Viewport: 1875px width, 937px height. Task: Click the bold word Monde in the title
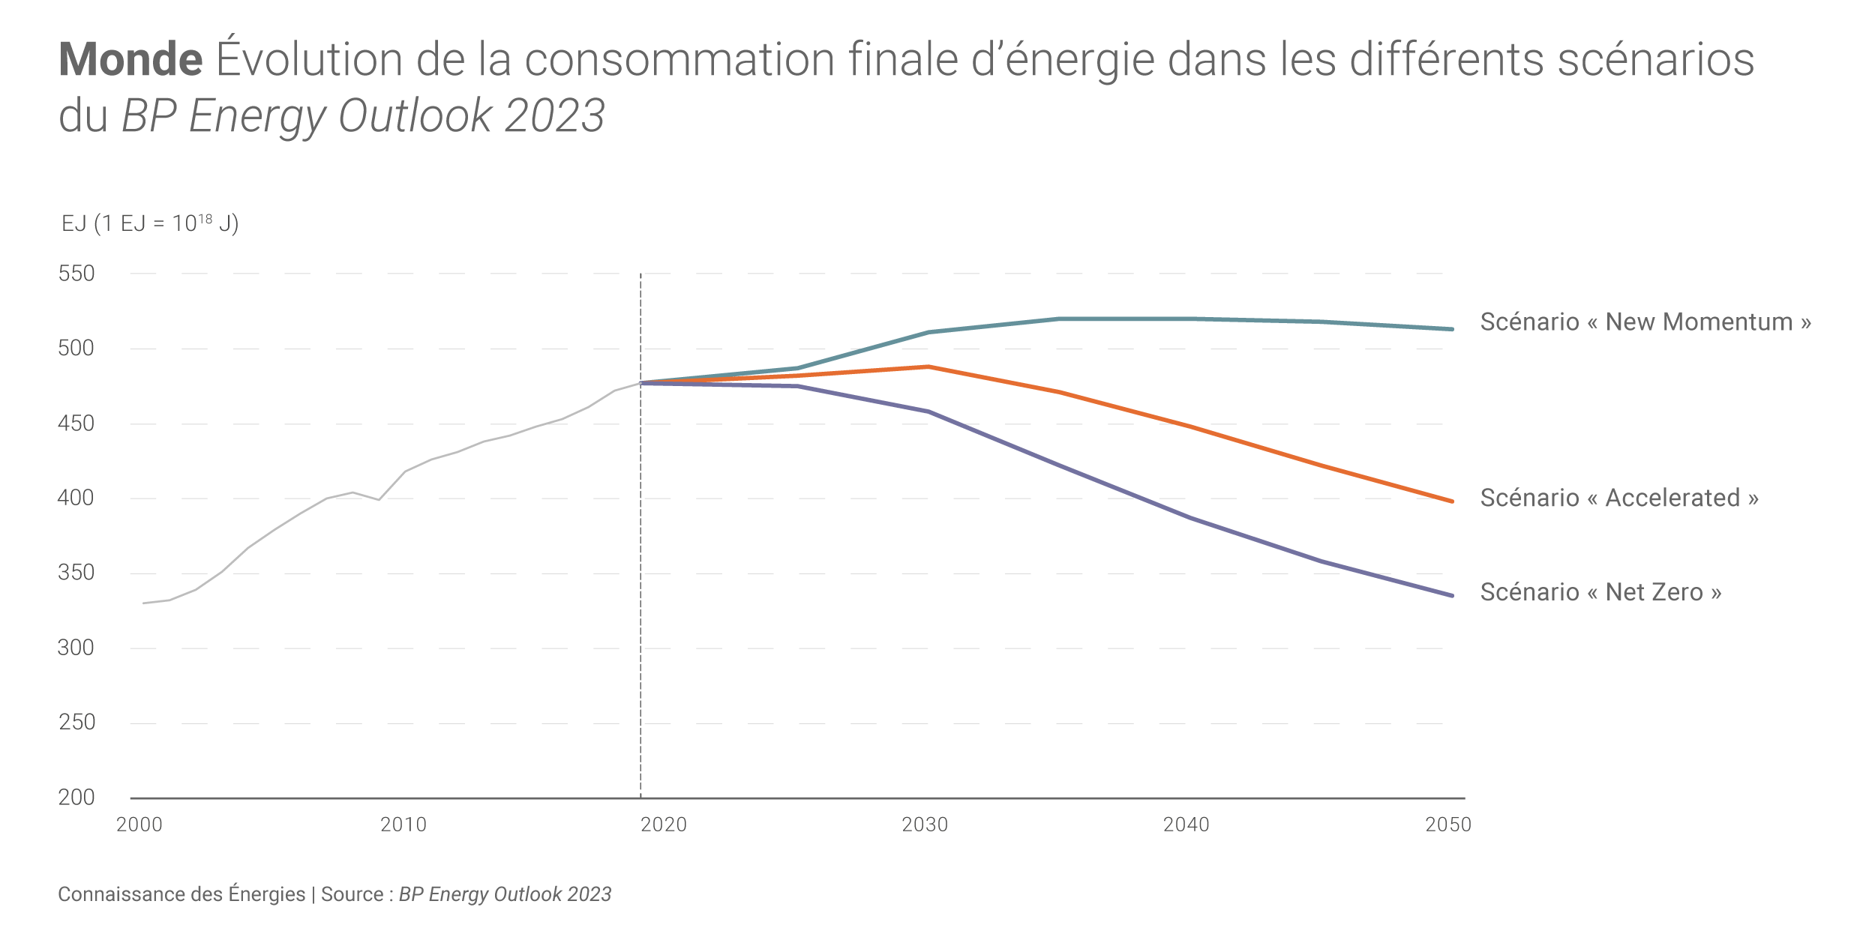[x=130, y=59]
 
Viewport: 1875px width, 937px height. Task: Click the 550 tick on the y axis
[x=76, y=274]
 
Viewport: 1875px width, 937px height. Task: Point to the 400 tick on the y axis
[x=76, y=498]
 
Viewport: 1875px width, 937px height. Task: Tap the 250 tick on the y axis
[x=76, y=722]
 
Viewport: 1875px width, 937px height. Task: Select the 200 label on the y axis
[x=76, y=797]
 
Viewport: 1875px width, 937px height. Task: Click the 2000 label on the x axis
[x=139, y=825]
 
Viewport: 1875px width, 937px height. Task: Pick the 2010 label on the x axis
[x=403, y=825]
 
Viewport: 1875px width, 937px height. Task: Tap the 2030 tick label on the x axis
[x=925, y=825]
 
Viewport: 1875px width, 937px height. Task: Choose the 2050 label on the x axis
[x=1448, y=825]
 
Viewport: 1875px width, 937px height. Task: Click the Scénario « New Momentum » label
[x=1645, y=322]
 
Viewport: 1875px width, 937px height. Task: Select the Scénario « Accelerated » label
[x=1618, y=498]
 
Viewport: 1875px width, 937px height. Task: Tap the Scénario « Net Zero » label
[x=1600, y=592]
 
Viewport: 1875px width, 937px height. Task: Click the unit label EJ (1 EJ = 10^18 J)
[x=150, y=223]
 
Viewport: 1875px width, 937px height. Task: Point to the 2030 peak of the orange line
[x=928, y=367]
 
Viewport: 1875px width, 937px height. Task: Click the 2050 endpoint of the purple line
[x=1453, y=596]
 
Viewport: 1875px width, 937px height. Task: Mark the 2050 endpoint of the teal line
[x=1453, y=329]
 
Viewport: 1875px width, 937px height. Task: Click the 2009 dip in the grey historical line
[x=379, y=499]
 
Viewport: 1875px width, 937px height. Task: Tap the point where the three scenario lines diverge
[x=641, y=383]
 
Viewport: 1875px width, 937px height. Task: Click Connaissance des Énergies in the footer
[x=181, y=894]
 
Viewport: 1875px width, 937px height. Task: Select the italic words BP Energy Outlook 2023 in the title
[x=363, y=116]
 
